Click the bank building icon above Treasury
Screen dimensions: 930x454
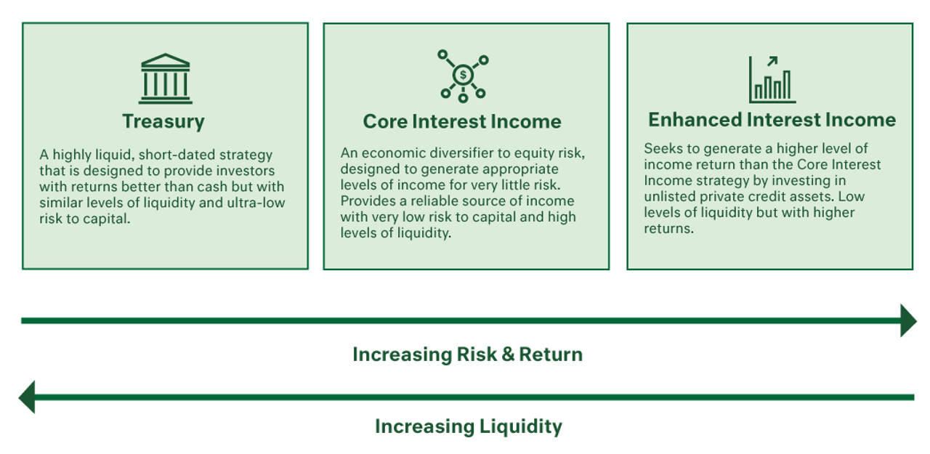coord(165,78)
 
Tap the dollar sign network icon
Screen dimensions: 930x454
coord(463,76)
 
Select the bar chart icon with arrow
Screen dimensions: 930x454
coord(772,80)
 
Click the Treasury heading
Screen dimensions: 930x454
coord(163,121)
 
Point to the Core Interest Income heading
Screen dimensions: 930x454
coord(462,121)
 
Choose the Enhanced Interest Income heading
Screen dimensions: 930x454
coord(772,120)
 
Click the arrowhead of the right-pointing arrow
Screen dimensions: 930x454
coord(908,320)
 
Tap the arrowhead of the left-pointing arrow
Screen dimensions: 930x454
coord(27,397)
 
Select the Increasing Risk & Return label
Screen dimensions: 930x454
coord(467,354)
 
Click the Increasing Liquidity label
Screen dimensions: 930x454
coord(469,426)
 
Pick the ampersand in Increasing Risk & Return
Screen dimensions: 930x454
coord(508,354)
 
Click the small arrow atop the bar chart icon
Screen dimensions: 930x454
coord(772,62)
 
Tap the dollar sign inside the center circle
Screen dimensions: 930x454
coord(463,75)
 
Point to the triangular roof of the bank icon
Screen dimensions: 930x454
coord(165,60)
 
